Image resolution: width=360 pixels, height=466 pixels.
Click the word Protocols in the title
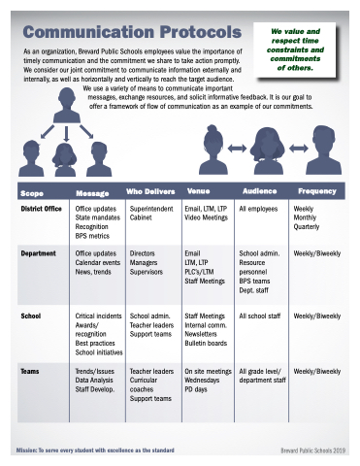201,32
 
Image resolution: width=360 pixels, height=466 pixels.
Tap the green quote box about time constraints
295,50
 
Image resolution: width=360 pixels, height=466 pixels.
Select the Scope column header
32,193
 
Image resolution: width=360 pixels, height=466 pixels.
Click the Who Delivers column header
150,191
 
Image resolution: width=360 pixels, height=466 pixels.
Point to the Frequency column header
317,191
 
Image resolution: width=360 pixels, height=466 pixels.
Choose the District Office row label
41,209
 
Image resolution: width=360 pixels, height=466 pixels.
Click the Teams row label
30,371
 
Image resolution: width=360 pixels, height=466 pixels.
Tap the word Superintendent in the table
151,209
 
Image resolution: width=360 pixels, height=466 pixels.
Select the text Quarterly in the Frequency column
307,227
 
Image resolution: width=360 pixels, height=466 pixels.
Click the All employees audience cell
258,209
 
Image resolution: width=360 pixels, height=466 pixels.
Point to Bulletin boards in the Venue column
206,343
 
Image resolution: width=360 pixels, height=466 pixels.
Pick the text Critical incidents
98,316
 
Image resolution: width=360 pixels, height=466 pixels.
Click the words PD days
196,389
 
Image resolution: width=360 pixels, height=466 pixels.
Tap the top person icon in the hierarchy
67,105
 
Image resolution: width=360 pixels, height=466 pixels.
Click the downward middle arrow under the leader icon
66,134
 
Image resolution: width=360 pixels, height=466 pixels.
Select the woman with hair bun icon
213,150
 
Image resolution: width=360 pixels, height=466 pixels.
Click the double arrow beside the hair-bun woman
238,149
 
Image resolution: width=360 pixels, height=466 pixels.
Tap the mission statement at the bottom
95,450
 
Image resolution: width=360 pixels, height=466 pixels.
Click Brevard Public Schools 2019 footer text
313,450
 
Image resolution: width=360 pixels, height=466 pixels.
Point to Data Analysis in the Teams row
94,381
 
